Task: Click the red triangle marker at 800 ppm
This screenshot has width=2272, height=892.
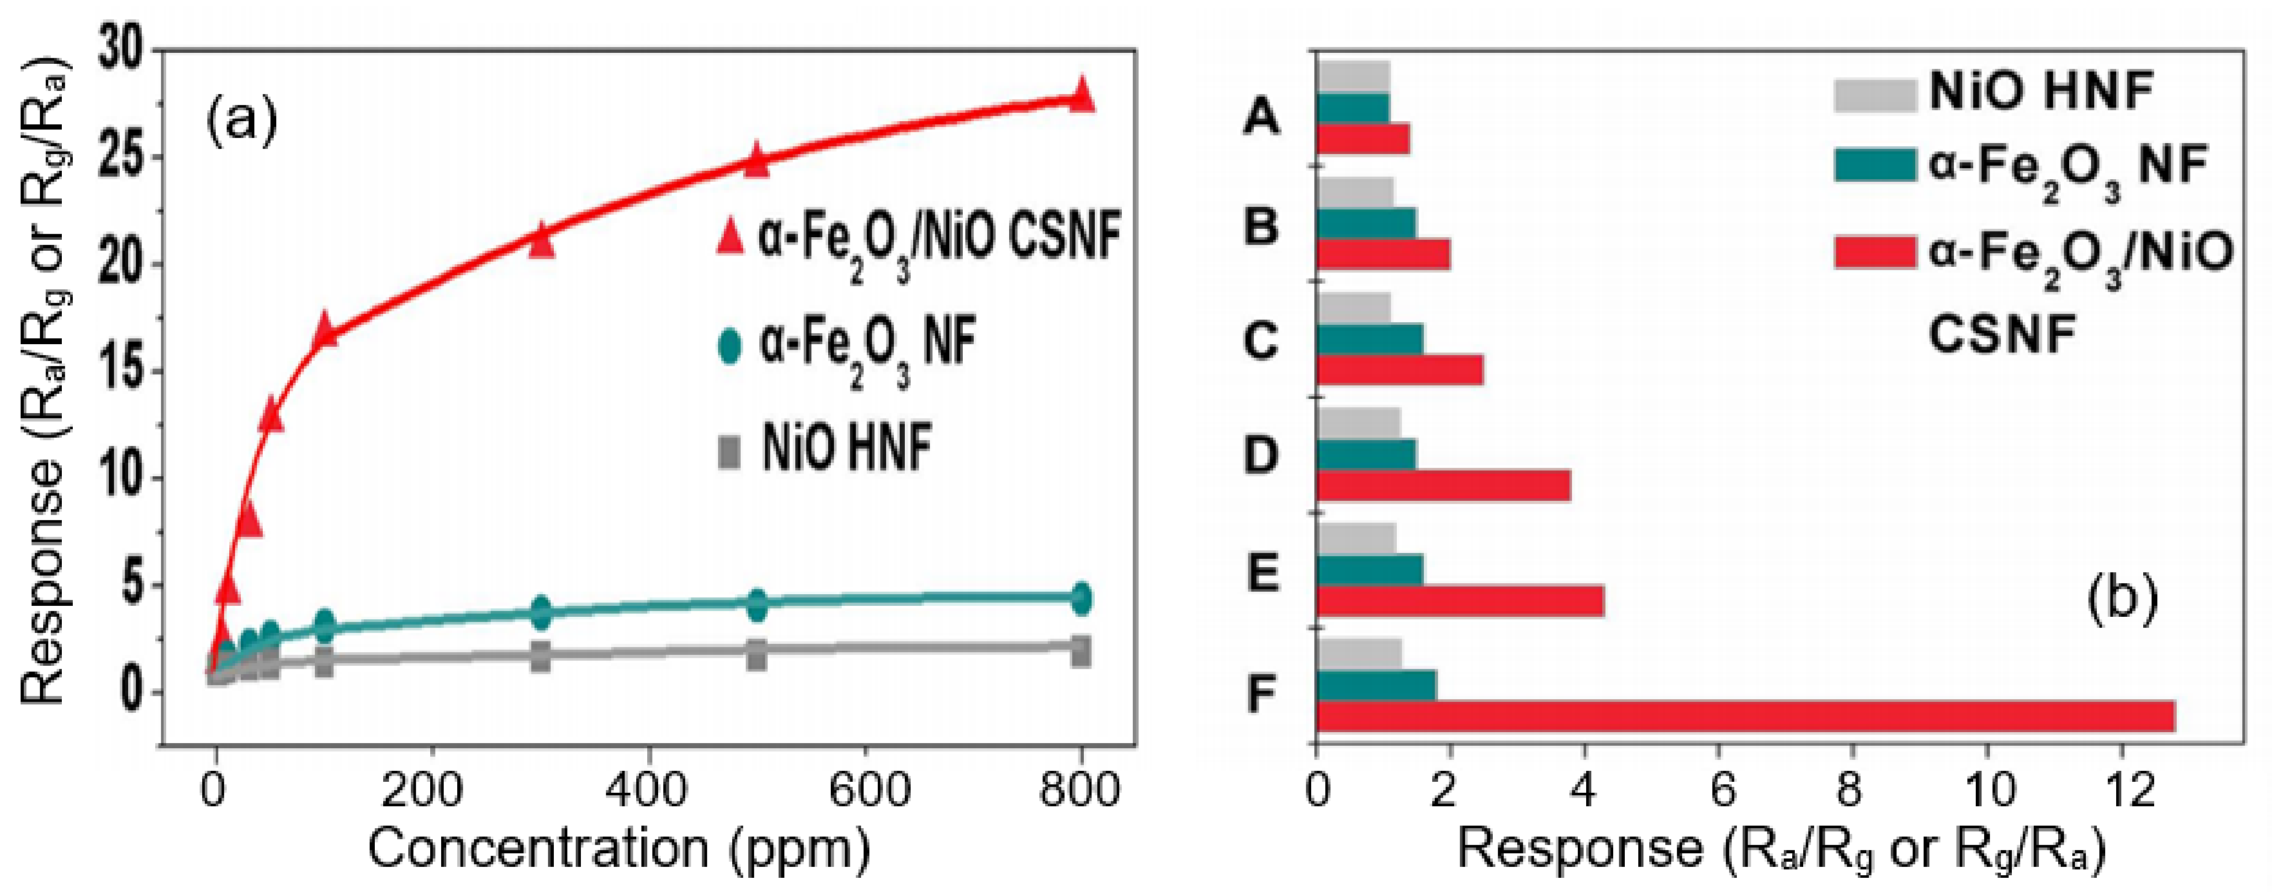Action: point(1081,95)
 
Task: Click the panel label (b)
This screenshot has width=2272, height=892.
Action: point(2122,598)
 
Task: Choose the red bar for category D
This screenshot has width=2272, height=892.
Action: point(1443,486)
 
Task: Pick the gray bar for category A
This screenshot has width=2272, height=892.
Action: point(1353,76)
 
